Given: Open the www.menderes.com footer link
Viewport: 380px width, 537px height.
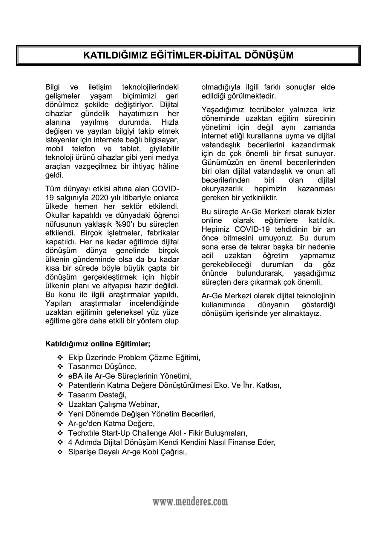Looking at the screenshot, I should [x=190, y=502].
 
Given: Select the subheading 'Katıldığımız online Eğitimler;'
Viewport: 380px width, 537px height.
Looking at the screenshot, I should [x=98, y=344].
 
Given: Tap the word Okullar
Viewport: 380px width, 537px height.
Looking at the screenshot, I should [x=57, y=215].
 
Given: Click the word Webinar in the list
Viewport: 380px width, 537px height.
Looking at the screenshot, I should [x=144, y=405].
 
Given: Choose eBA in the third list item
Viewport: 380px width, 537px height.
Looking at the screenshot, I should [x=74, y=376].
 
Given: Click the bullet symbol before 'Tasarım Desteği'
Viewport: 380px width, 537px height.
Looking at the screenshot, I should [x=60, y=395].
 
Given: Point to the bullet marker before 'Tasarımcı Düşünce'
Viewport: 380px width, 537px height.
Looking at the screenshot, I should [x=60, y=366].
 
